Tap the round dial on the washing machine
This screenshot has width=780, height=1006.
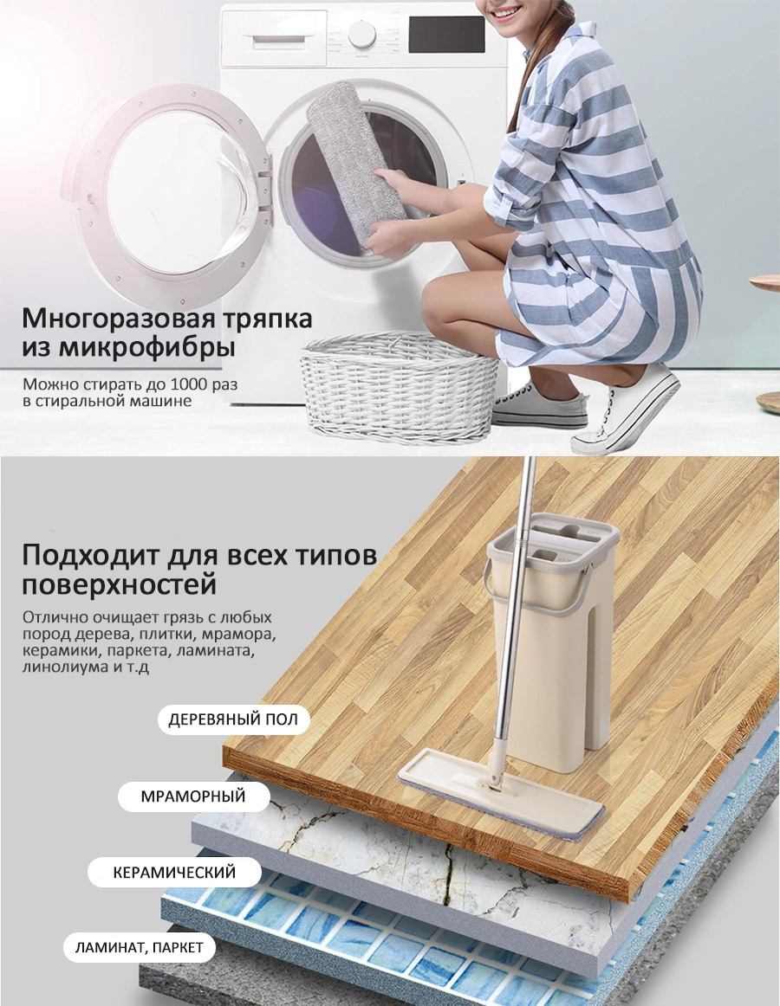tap(361, 34)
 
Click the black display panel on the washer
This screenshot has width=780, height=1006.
tap(446, 35)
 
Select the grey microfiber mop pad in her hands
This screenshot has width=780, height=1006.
tap(356, 164)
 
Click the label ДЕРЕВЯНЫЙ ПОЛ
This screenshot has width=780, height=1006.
tap(234, 719)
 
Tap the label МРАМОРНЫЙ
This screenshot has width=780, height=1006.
tap(193, 796)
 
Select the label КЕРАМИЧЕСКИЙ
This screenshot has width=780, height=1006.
tap(175, 872)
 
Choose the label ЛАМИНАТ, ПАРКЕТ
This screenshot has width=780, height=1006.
tap(140, 947)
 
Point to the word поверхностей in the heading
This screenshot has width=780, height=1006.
tap(119, 585)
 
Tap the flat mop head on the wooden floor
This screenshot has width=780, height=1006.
tap(501, 796)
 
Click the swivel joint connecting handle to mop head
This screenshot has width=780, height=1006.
tap(492, 778)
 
